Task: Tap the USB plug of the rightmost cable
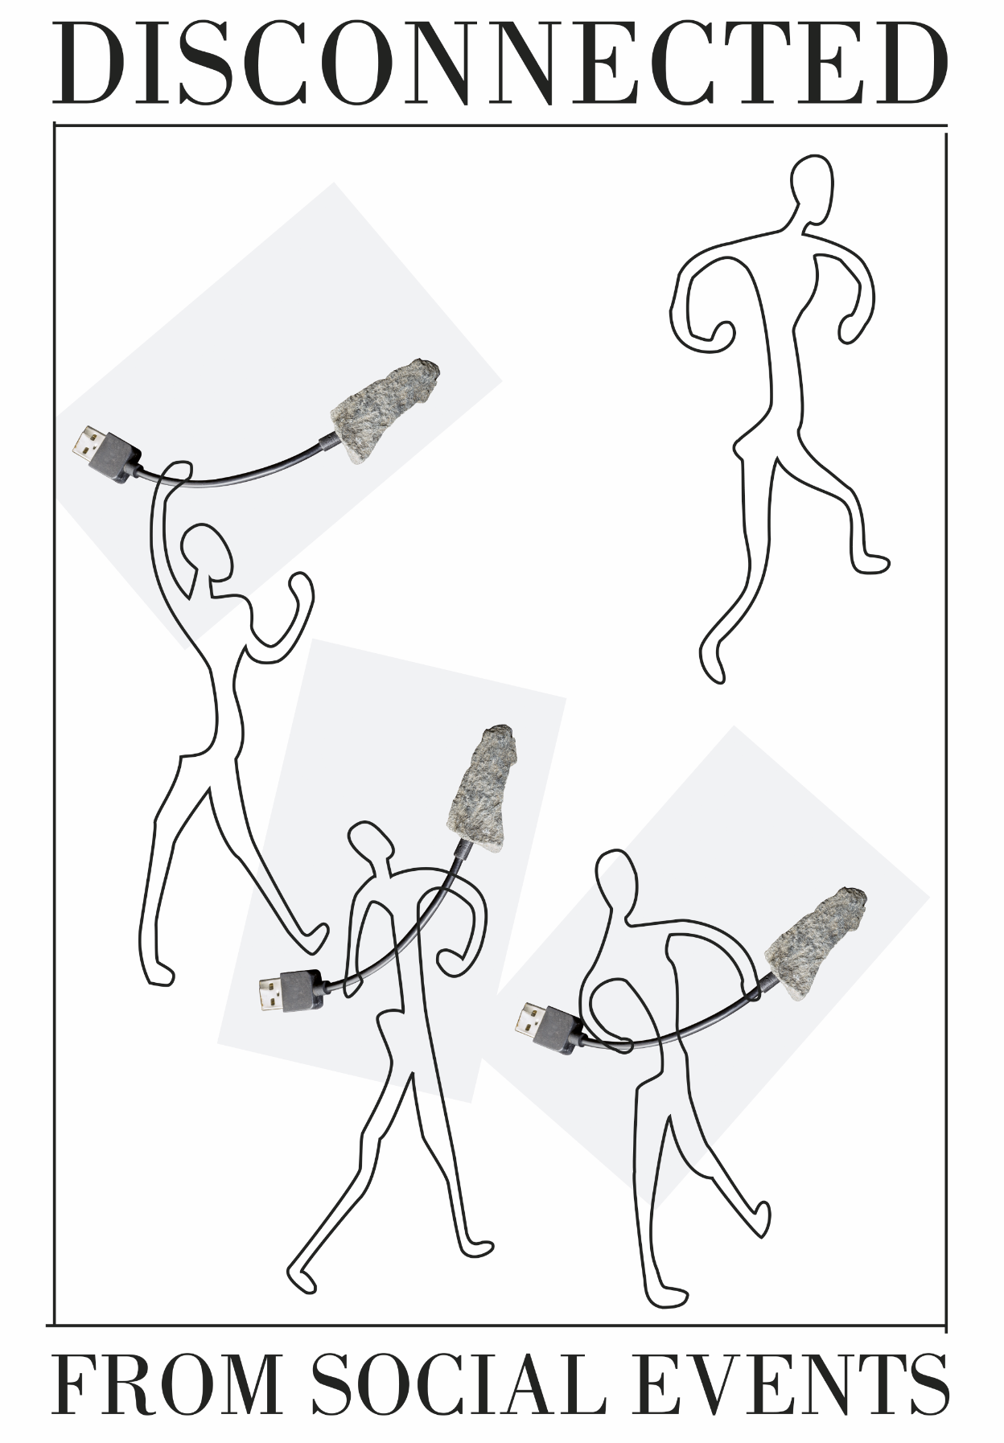549,1026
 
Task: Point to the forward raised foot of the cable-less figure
872,562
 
